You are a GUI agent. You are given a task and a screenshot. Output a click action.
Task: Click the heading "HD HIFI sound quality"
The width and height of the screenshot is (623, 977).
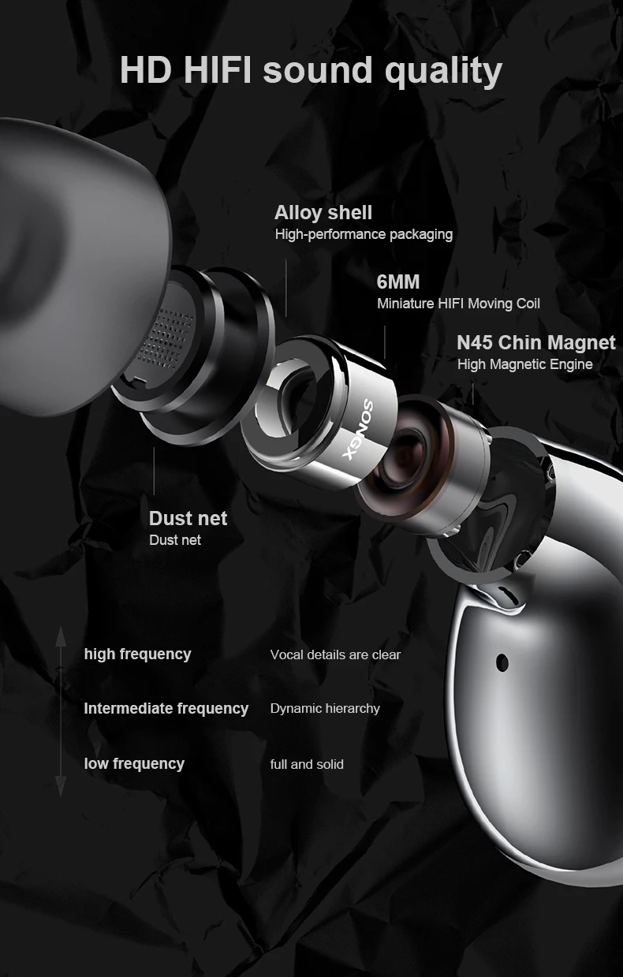311,71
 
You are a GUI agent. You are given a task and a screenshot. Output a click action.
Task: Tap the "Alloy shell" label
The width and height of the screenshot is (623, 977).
323,213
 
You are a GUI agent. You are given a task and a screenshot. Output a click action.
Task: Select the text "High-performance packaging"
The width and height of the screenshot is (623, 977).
364,234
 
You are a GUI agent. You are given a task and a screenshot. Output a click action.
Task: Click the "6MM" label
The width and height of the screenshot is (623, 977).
398,282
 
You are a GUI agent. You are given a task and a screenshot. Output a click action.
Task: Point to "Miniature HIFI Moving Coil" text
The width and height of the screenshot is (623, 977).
458,304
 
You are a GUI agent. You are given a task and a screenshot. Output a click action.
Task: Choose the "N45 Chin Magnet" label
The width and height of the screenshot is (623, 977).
536,342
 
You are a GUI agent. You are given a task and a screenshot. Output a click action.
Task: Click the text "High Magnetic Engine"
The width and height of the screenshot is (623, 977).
525,364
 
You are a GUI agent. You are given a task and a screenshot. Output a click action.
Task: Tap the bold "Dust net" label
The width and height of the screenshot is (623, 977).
188,518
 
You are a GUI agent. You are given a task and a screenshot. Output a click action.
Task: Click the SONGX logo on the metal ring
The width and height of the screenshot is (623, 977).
359,430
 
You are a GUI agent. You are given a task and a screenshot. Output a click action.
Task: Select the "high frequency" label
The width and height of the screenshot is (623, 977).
137,654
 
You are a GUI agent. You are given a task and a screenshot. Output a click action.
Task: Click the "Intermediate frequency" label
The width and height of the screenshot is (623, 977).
166,708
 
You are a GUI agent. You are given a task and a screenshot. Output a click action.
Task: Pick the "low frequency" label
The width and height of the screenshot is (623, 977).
134,764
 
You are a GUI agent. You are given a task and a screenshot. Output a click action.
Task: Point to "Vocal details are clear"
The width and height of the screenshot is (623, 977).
335,654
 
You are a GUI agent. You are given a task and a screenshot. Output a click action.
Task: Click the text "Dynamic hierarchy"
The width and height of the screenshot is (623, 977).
325,708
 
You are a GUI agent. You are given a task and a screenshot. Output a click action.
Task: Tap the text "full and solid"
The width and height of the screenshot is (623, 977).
307,764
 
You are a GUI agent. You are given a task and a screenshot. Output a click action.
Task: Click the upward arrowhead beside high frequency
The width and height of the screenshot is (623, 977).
61,636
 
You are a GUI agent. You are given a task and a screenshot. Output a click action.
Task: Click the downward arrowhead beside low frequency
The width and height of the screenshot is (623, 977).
61,785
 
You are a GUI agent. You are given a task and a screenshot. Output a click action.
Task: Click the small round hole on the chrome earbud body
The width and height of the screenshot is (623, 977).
502,662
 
